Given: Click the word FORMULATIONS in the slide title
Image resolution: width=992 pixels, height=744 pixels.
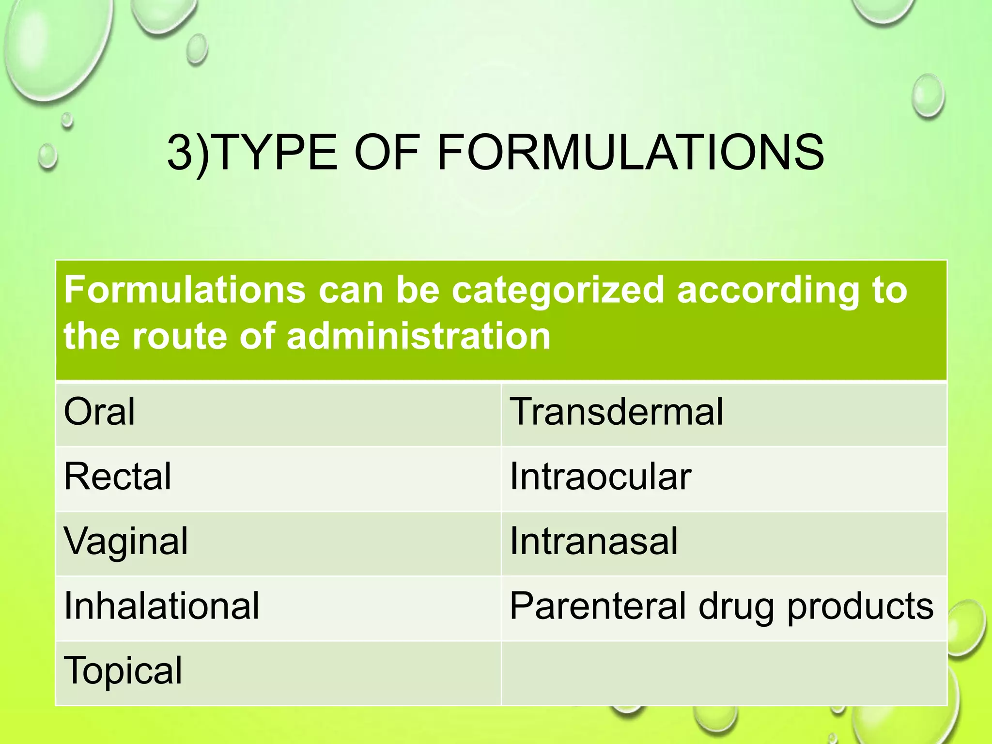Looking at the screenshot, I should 630,153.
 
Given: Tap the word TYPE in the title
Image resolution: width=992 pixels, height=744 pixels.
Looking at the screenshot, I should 274,153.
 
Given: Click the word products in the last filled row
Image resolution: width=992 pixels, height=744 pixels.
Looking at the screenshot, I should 860,607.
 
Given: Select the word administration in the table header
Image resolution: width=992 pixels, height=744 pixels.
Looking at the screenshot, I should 418,336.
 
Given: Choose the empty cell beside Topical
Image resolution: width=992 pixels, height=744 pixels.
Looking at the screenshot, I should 724,673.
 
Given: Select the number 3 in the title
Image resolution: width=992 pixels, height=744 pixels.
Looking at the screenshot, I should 180,153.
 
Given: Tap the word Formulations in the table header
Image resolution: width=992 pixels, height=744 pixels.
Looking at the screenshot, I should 185,290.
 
